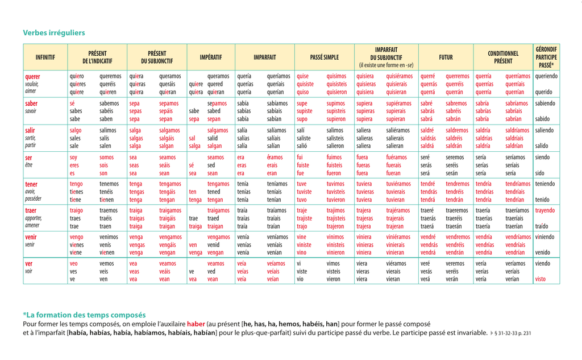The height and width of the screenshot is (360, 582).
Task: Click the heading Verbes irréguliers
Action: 54,33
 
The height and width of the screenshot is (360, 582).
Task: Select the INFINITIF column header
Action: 45,57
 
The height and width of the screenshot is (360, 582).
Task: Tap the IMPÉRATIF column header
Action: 211,57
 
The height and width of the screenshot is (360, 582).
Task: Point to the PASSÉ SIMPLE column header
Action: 324,57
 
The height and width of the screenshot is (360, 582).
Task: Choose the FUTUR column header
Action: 446,57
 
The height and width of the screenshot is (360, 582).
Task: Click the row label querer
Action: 32,76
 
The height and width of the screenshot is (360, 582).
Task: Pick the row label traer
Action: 31,210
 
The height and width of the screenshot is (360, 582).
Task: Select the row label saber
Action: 31,104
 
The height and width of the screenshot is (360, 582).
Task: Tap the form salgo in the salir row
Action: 76,130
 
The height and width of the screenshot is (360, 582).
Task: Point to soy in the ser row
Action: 74,158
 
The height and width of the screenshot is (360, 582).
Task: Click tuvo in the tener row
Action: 302,200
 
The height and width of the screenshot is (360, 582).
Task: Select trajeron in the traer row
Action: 336,226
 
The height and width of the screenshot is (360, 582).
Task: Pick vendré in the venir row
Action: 429,237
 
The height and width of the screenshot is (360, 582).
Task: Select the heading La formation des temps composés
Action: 86,315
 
